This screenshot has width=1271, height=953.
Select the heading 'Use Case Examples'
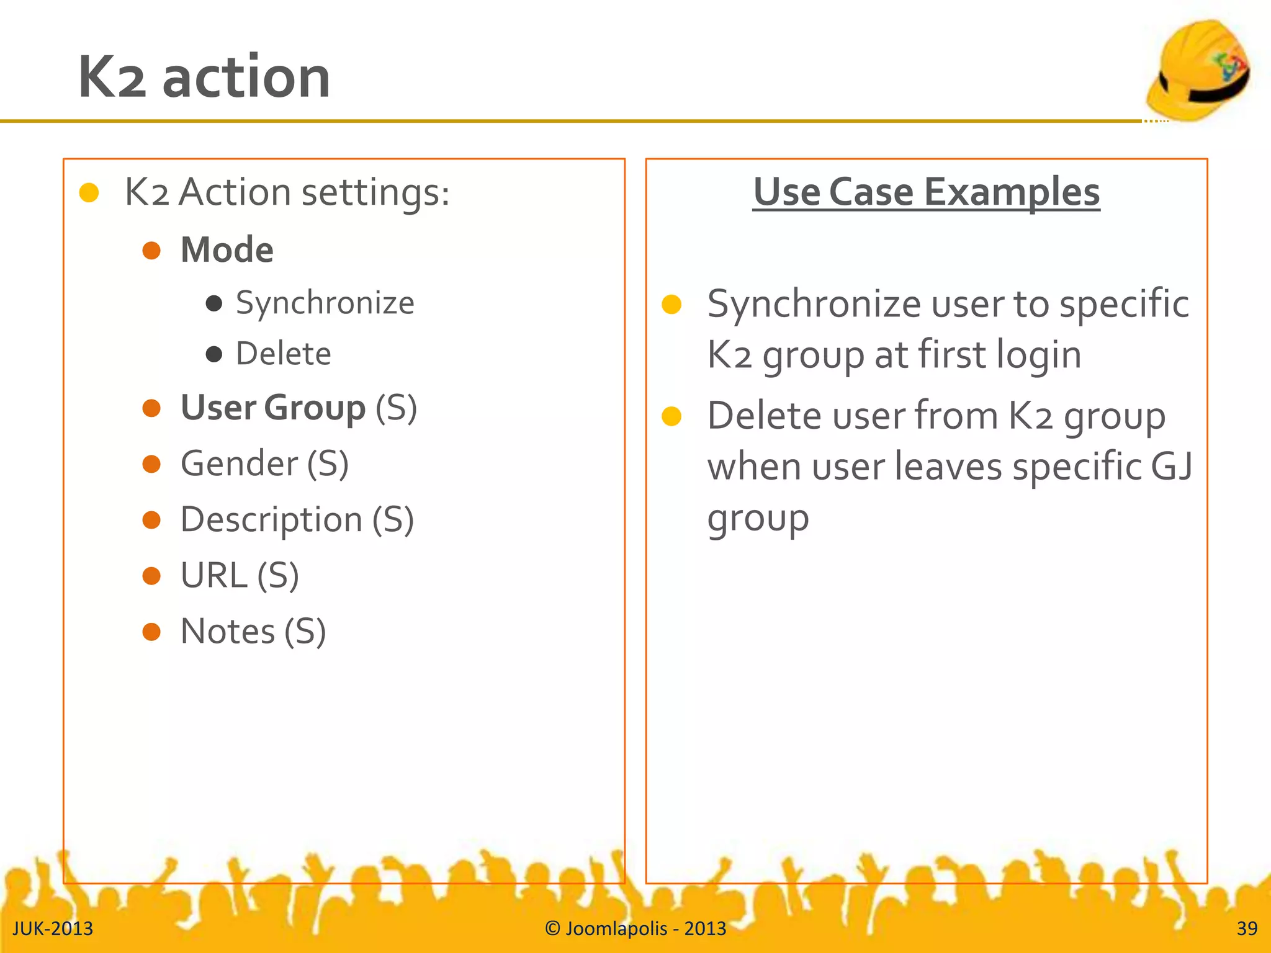(x=926, y=192)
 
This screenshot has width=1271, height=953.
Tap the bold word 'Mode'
(x=227, y=250)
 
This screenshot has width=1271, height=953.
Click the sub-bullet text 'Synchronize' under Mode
(x=325, y=303)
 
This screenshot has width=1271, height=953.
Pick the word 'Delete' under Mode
(x=284, y=354)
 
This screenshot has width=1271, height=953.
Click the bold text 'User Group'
(x=273, y=408)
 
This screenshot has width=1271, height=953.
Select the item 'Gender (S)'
(x=264, y=463)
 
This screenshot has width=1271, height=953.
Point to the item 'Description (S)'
(x=297, y=519)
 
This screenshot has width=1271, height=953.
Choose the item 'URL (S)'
(x=240, y=575)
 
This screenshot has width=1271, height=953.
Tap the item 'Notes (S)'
(x=253, y=631)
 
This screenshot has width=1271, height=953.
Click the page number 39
(x=1246, y=928)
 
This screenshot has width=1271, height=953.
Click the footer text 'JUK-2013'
(x=53, y=928)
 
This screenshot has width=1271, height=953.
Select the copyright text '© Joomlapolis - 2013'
(x=635, y=928)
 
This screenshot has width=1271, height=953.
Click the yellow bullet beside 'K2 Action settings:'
(x=89, y=193)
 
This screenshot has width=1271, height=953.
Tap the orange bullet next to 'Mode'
(x=151, y=251)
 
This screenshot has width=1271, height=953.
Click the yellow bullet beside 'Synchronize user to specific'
(x=671, y=304)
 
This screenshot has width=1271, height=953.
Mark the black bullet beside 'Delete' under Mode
(x=214, y=354)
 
